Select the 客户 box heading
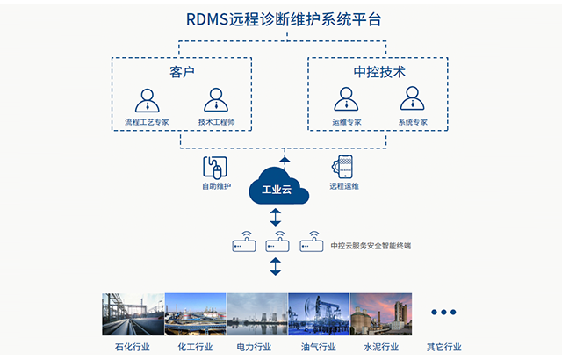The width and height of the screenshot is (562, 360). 181,71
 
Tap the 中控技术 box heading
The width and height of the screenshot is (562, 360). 378,71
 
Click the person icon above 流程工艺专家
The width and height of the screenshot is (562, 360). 148,100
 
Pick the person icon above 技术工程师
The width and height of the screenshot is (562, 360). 215,100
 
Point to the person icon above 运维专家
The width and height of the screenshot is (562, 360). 344,100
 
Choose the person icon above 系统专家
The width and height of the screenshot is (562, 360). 411,100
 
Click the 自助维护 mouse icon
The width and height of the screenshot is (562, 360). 215,167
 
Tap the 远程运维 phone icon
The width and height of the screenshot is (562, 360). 343,167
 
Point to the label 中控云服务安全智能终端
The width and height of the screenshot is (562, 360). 371,246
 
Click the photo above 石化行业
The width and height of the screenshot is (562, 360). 133,314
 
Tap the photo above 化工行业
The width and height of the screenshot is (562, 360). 195,314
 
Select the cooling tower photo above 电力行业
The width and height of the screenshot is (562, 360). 256,314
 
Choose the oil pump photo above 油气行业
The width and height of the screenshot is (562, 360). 318,314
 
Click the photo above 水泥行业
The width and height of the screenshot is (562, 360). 380,314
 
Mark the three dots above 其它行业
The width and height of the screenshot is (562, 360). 443,312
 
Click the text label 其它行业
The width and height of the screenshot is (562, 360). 443,347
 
